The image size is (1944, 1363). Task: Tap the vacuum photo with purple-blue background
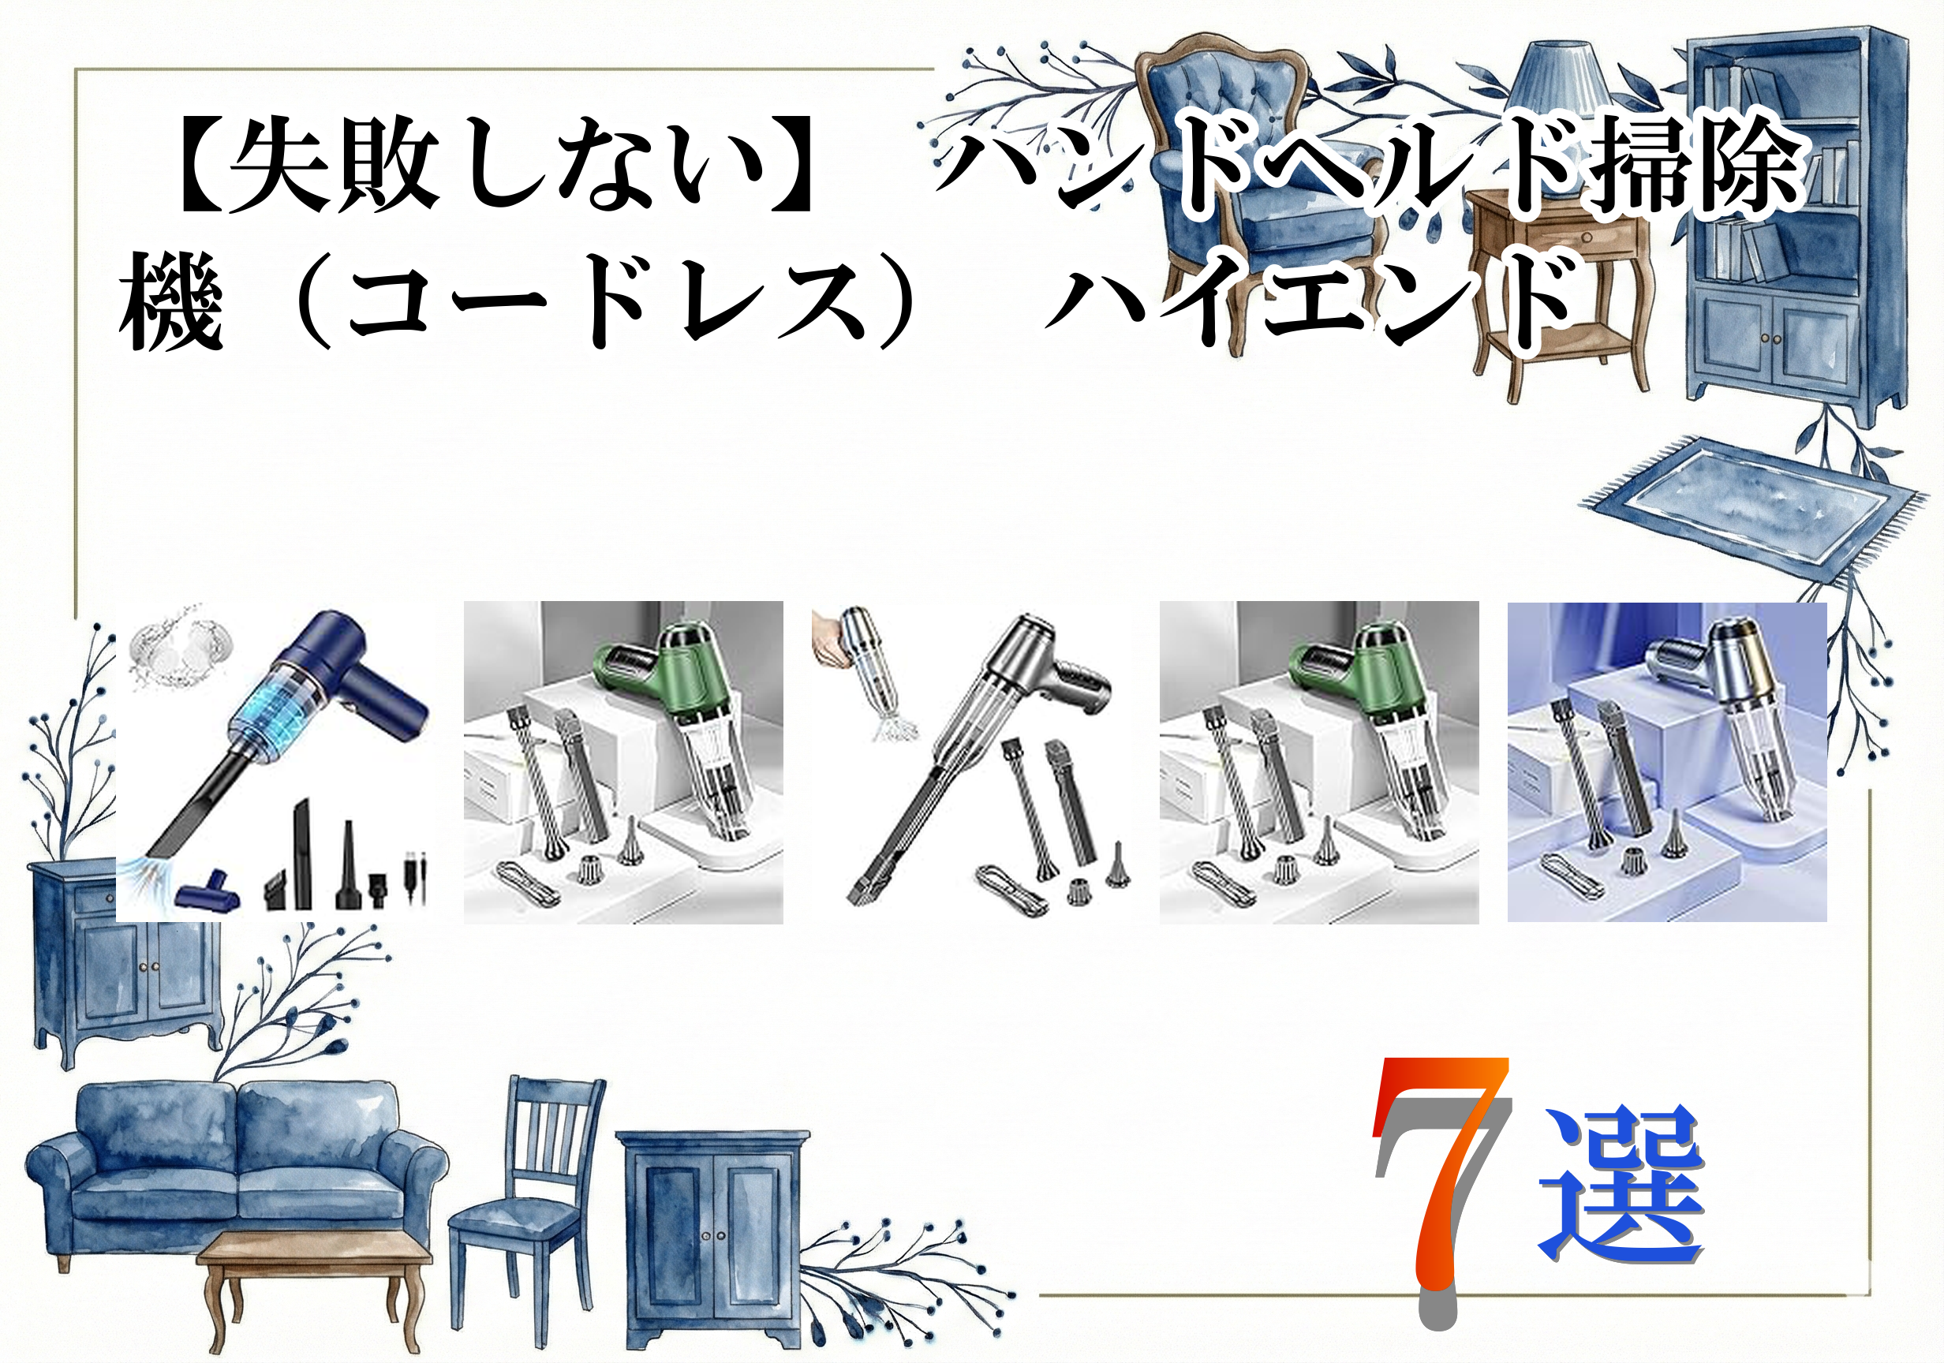pos(1666,762)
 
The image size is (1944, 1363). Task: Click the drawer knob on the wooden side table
pos(1586,238)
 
